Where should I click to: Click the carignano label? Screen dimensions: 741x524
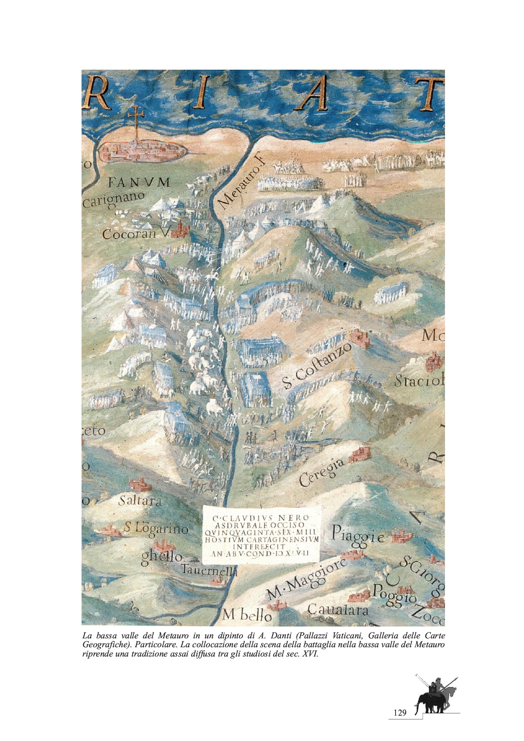click(113, 199)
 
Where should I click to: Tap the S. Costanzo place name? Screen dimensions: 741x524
click(317, 366)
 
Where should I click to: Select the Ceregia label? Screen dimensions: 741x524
click(321, 473)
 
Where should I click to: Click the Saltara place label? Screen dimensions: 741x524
click(140, 501)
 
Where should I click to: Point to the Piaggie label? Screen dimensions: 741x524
click(358, 534)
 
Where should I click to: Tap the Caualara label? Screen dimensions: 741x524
click(338, 610)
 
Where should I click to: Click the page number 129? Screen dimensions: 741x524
click(399, 713)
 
